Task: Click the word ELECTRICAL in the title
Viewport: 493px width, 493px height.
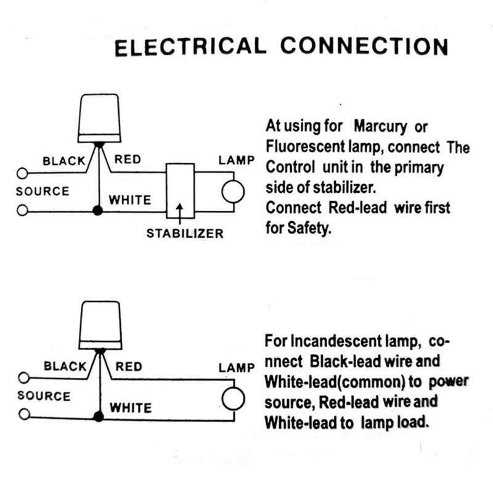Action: (x=190, y=47)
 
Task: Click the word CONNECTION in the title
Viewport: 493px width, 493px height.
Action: (x=364, y=47)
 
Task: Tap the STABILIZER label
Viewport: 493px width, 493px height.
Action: (x=185, y=234)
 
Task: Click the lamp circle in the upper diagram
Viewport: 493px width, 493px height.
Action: (x=234, y=192)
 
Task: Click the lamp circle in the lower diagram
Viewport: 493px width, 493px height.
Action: (x=234, y=397)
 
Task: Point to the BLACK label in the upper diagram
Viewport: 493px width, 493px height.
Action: (x=64, y=161)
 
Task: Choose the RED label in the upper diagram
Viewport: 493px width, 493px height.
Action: (x=128, y=160)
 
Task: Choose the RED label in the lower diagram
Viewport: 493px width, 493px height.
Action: (x=129, y=367)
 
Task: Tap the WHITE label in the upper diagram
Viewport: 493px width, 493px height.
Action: (x=129, y=200)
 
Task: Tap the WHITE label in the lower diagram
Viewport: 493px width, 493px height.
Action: (x=130, y=408)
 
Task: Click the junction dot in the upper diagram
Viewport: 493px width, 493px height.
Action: (x=97, y=211)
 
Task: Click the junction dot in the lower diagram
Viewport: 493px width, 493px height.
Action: (x=97, y=417)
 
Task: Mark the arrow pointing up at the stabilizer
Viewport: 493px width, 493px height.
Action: (x=179, y=213)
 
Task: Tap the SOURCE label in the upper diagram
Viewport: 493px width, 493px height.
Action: (x=43, y=191)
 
